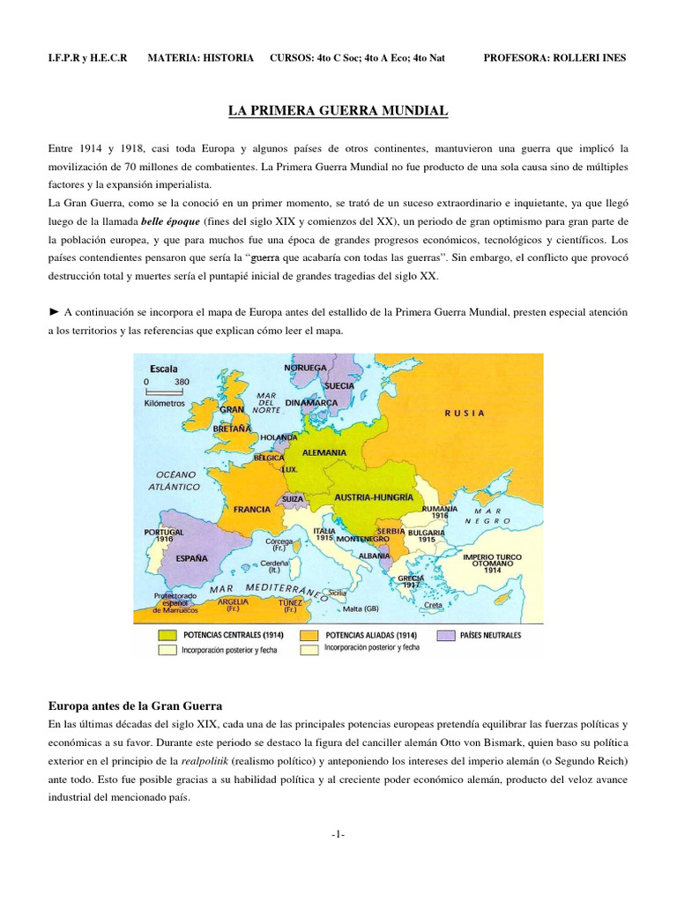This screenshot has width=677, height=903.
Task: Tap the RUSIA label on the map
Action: (465, 412)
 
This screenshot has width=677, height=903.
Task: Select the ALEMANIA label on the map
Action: (324, 452)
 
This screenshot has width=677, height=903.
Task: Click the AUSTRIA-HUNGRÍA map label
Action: (374, 497)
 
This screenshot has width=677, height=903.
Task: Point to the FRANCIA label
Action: (251, 510)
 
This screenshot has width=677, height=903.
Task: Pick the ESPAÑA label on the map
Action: (191, 558)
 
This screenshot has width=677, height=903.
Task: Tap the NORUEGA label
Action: (306, 367)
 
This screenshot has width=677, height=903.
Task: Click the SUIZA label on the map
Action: (293, 499)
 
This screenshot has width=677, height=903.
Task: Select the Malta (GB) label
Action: (361, 608)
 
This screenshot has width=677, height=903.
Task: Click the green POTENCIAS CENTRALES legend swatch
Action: (167, 635)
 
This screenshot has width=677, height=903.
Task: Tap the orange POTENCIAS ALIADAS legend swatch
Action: (309, 635)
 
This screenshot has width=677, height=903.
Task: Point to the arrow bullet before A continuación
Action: (54, 311)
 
